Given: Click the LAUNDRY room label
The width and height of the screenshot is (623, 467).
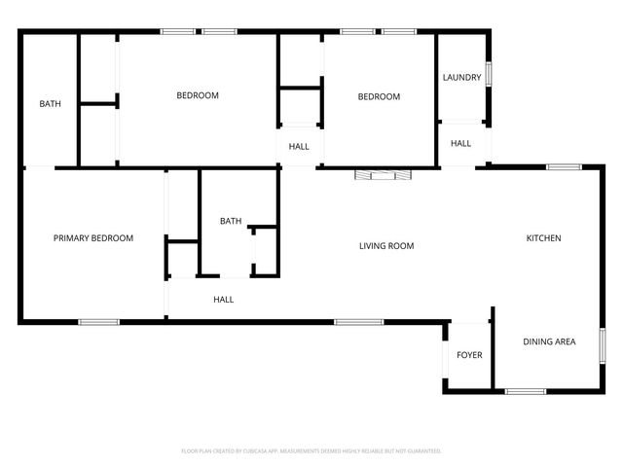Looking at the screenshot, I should click(x=461, y=78).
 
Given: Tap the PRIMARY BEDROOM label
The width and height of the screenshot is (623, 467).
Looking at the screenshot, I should click(x=93, y=238).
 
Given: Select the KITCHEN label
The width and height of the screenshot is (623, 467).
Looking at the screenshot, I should click(x=543, y=238).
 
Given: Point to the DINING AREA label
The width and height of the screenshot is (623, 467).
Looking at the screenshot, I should click(x=549, y=341).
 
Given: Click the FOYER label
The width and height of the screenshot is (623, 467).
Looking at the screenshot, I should click(x=469, y=355).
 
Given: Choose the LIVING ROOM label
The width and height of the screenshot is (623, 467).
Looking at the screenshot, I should click(x=386, y=246).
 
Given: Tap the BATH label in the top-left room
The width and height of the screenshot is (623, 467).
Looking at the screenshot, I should click(x=51, y=104).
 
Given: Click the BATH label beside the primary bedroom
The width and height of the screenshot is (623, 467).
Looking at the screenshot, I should click(x=231, y=221).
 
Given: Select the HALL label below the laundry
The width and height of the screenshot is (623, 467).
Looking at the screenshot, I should click(x=460, y=144).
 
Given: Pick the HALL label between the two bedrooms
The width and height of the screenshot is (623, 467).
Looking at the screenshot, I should click(x=299, y=147).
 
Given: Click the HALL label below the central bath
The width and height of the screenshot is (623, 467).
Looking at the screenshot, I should click(x=223, y=300).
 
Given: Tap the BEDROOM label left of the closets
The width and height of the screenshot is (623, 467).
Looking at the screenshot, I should click(x=198, y=95).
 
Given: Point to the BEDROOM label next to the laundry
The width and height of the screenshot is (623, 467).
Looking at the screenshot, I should click(x=379, y=96).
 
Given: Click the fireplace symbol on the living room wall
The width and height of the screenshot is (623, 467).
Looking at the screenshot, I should click(x=383, y=175).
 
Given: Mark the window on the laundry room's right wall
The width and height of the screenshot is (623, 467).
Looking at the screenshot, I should click(x=489, y=75).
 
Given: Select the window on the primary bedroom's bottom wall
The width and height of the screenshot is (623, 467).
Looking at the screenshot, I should click(x=99, y=322).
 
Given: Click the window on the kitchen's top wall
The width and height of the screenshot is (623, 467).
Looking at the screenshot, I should click(x=564, y=167).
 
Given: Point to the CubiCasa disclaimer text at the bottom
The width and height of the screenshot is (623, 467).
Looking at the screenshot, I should click(x=311, y=451).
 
